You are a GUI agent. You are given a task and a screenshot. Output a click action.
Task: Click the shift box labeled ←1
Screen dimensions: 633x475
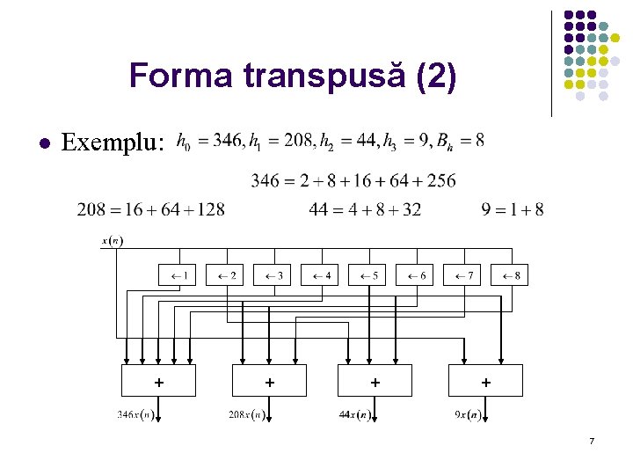coord(177,275)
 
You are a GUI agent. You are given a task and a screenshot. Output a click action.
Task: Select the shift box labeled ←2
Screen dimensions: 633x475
coord(224,275)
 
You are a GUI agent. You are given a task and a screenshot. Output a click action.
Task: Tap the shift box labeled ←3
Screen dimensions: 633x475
coord(272,275)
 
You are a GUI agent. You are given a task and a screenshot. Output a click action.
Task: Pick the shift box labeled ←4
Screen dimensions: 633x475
coord(319,275)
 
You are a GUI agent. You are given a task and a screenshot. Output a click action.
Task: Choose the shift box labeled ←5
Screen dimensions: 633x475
coord(367,275)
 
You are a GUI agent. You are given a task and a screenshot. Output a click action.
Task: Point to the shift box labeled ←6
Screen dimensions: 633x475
coord(414,275)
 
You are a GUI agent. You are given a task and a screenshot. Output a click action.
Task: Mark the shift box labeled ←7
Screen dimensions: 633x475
coord(462,275)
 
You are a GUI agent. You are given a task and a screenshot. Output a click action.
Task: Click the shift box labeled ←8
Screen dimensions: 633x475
coord(509,275)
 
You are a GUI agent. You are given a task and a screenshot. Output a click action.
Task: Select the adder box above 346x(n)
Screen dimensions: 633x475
coord(158,381)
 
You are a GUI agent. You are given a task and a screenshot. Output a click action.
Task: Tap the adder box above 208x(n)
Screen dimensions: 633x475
coord(269,381)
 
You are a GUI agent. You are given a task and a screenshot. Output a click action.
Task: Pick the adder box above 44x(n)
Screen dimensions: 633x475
coord(375,381)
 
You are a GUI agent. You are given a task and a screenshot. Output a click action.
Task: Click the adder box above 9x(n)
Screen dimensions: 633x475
coord(485,381)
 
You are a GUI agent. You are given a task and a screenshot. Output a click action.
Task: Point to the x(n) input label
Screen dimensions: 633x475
coord(113,241)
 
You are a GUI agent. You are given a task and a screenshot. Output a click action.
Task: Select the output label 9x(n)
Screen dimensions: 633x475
coord(467,414)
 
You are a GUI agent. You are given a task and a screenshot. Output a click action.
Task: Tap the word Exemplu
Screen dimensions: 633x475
coord(113,142)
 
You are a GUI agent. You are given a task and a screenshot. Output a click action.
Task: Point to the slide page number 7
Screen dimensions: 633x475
coord(593,440)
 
